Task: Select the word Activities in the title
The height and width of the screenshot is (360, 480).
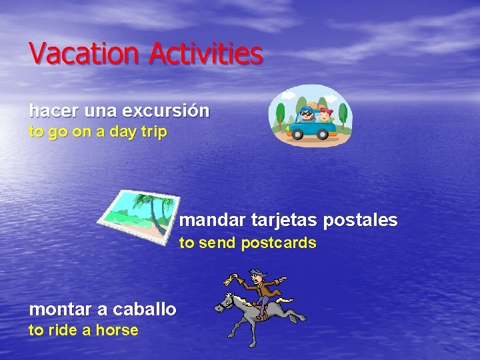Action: click(x=206, y=53)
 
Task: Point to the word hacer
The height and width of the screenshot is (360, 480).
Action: click(x=48, y=111)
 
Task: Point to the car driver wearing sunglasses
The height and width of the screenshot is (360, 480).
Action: click(x=307, y=114)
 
